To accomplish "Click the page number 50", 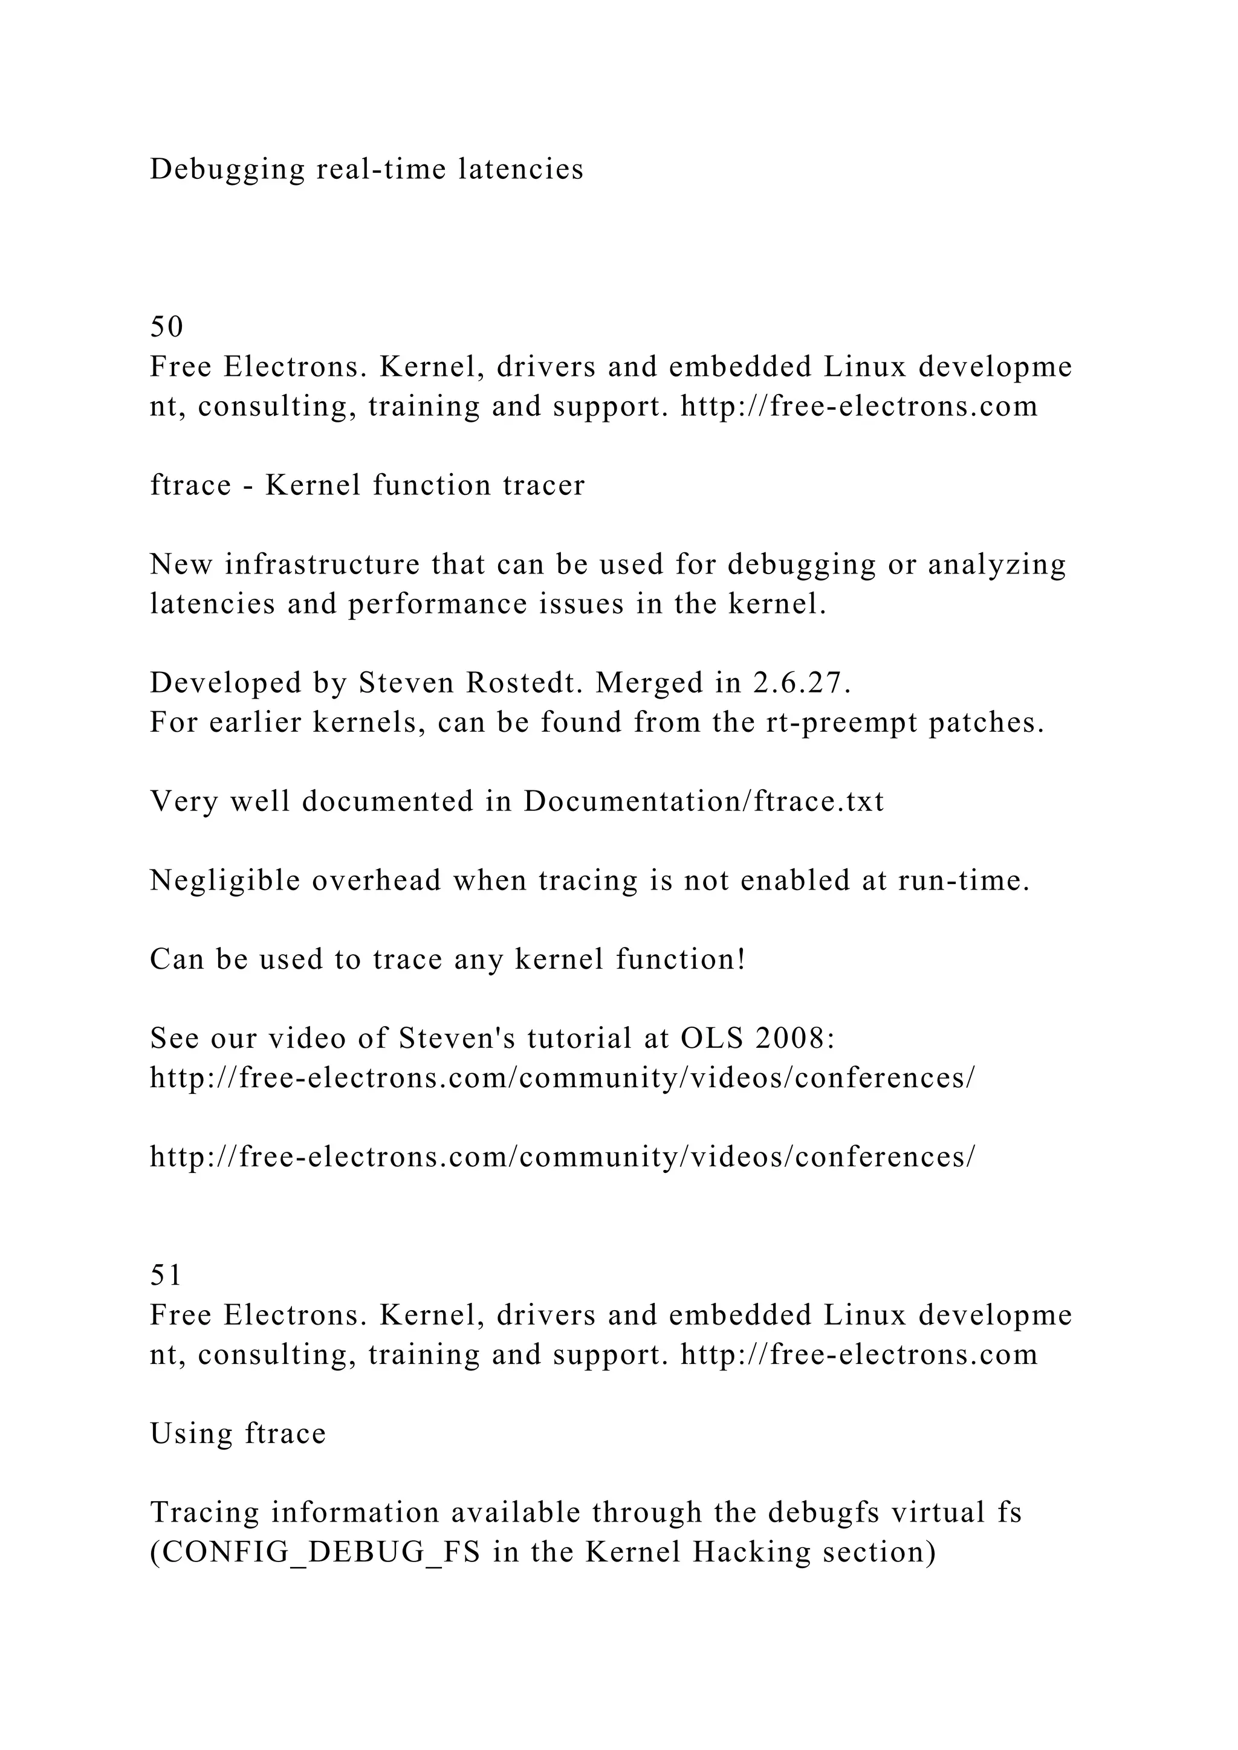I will pyautogui.click(x=166, y=327).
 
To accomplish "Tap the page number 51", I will pyautogui.click(x=166, y=1276).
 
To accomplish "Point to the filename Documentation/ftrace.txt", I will pyautogui.click(x=704, y=801).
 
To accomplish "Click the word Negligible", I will pyautogui.click(x=225, y=880).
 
